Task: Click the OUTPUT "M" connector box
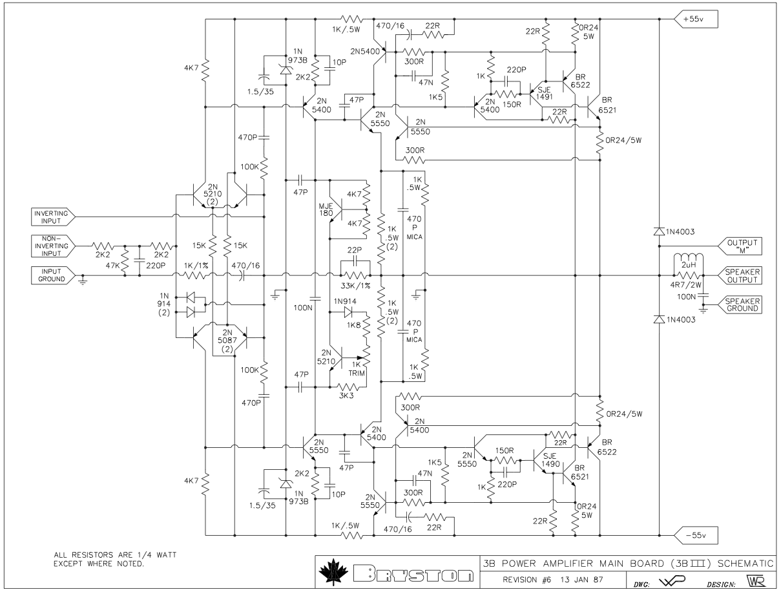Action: tap(740, 245)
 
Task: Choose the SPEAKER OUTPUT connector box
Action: tap(740, 275)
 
